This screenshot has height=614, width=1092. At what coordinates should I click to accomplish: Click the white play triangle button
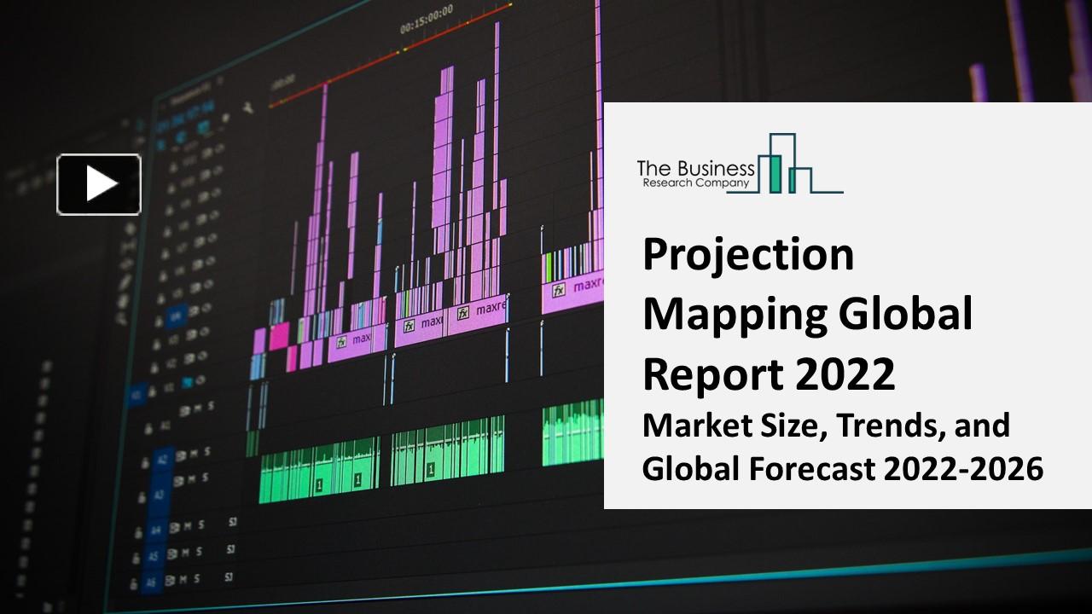coord(99,184)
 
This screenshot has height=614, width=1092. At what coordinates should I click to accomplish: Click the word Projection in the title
coord(747,254)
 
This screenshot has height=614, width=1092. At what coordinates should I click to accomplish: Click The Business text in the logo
coord(695,169)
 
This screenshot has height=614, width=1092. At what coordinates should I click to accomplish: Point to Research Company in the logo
coord(695,182)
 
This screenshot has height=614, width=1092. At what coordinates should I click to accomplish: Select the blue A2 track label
coord(161,459)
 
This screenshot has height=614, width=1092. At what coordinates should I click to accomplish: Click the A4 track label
coord(154,530)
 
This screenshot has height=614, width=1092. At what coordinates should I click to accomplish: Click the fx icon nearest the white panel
coord(559,290)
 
